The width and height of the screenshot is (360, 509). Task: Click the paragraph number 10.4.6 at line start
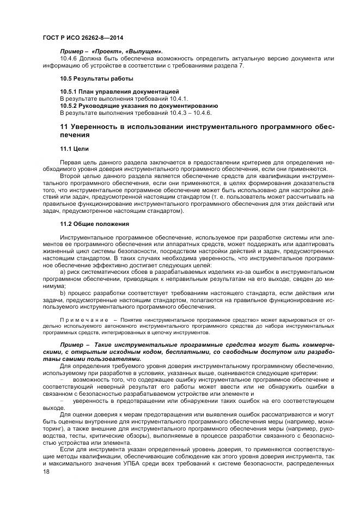tap(69, 58)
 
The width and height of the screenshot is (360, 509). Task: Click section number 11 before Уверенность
tap(63, 127)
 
